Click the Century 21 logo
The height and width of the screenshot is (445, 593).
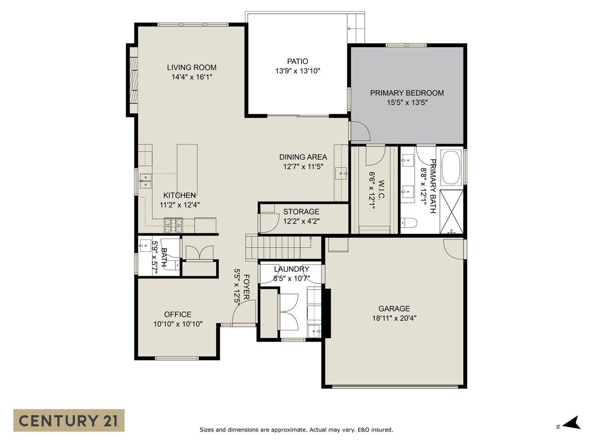(69, 420)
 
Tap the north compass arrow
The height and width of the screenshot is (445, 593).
(572, 423)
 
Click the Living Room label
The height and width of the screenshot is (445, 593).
(191, 68)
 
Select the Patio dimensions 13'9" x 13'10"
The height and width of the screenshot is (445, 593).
(297, 71)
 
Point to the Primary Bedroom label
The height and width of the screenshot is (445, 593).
(407, 93)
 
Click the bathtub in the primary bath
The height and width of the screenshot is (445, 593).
(451, 167)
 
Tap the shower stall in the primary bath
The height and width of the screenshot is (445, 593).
(451, 212)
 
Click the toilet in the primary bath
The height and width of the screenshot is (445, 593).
(409, 223)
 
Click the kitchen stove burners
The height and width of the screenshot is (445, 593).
(174, 225)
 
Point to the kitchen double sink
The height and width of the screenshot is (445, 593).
(146, 181)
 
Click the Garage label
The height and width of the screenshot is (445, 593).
(394, 309)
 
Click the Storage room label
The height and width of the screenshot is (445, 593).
(301, 212)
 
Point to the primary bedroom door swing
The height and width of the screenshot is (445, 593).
(360, 131)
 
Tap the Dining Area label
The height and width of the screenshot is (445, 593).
(303, 157)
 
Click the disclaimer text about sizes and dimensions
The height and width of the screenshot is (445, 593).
(296, 430)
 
